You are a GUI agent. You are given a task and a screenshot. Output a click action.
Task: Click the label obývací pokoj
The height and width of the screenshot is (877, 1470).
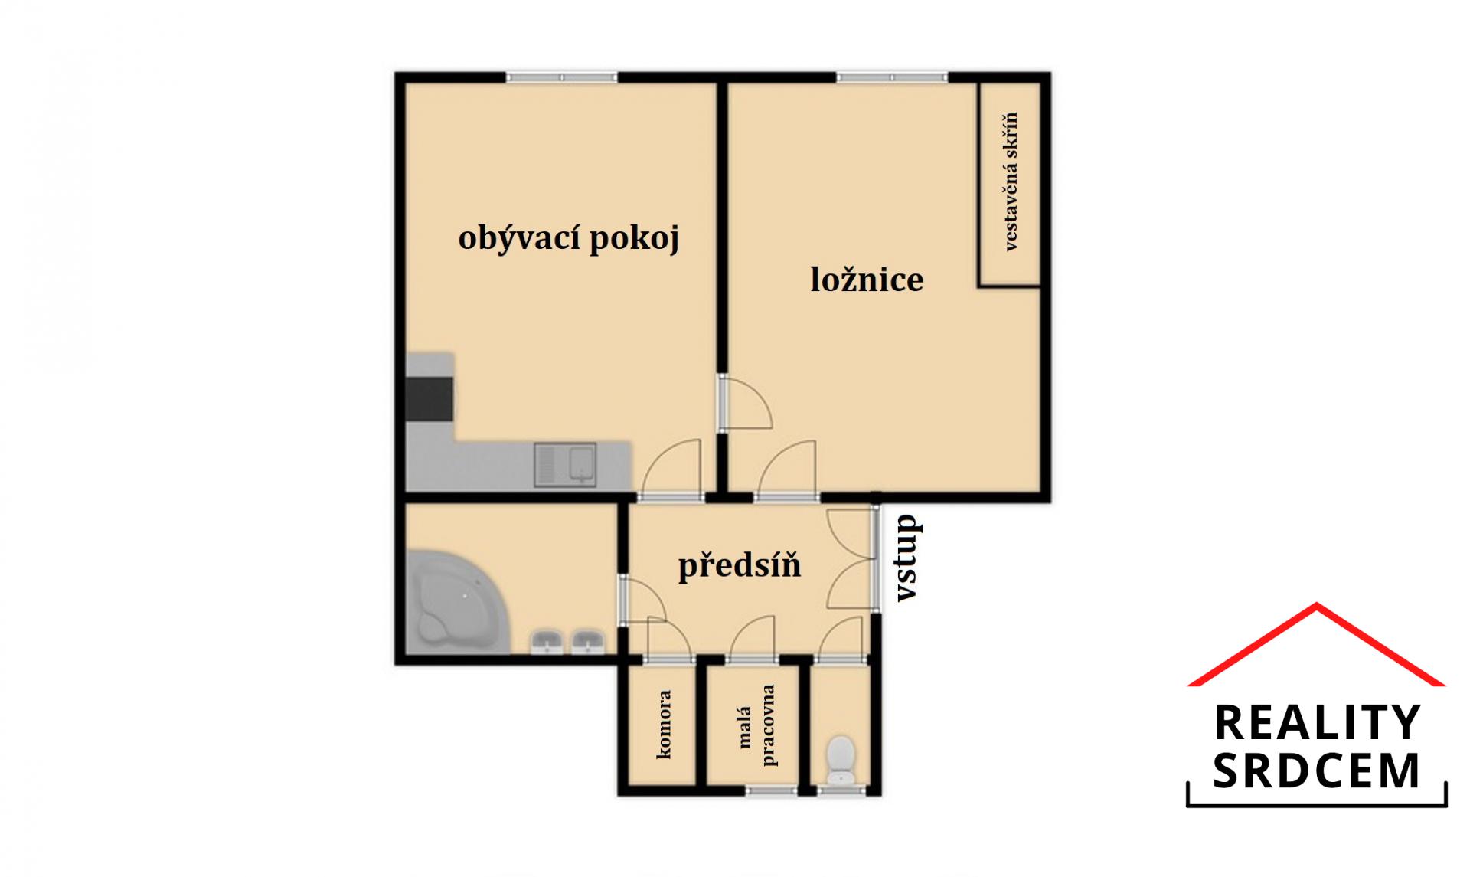569,238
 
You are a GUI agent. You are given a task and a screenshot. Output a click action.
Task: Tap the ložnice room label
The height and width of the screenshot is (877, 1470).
867,279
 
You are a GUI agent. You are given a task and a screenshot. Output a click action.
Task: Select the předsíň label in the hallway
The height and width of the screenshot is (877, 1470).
740,566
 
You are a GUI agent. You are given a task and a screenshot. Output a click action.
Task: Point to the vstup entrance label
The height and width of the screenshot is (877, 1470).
907,558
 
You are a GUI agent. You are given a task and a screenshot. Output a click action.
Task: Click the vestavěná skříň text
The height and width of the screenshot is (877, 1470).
1010,182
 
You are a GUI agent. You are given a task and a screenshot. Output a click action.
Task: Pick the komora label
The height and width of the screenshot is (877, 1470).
663,725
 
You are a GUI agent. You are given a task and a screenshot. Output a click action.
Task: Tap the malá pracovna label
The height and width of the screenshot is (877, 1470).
756,725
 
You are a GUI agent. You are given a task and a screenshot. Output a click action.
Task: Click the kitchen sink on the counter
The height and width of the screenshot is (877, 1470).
566,465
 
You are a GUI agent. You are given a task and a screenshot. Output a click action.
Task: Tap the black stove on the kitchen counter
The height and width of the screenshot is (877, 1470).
430,398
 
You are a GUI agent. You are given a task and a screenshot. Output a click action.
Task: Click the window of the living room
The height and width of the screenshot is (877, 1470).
561,77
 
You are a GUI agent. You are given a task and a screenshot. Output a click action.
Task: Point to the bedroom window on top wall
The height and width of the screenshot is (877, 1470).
892,77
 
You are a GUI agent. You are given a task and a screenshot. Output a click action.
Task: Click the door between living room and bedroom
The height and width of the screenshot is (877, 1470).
743,402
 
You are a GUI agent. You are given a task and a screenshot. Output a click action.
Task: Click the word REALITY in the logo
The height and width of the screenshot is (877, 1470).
1317,723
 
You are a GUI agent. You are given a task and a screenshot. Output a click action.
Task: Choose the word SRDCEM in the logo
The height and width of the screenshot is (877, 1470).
1317,771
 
